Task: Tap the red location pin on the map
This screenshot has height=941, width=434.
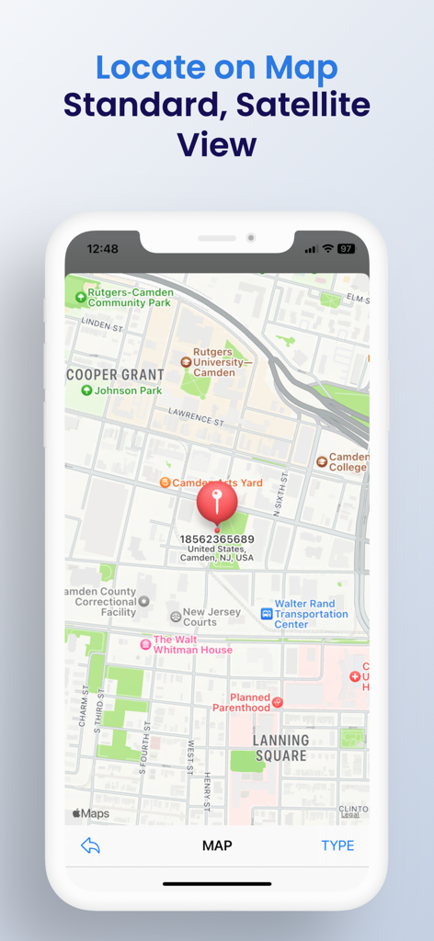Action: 217,501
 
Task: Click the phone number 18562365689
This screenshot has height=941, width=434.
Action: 217,539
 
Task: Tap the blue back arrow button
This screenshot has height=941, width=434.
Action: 90,845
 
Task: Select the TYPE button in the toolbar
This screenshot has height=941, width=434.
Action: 337,845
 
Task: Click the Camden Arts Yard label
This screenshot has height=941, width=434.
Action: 217,482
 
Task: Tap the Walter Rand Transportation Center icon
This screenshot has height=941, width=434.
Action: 267,613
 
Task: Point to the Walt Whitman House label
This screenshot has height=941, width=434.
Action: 192,644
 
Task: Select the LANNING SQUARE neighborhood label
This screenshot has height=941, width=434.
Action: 280,747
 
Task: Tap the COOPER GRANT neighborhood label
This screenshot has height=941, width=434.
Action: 116,375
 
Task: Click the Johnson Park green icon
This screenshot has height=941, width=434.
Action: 86,391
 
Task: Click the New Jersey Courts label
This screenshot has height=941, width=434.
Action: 211,617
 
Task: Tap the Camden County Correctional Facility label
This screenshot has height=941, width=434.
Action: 100,602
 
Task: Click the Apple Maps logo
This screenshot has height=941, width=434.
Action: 91,813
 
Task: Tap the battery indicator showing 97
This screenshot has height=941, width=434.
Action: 346,249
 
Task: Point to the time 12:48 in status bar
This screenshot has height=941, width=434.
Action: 102,249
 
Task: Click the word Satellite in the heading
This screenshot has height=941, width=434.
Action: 303,105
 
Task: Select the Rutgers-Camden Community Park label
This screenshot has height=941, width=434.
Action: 129,298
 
